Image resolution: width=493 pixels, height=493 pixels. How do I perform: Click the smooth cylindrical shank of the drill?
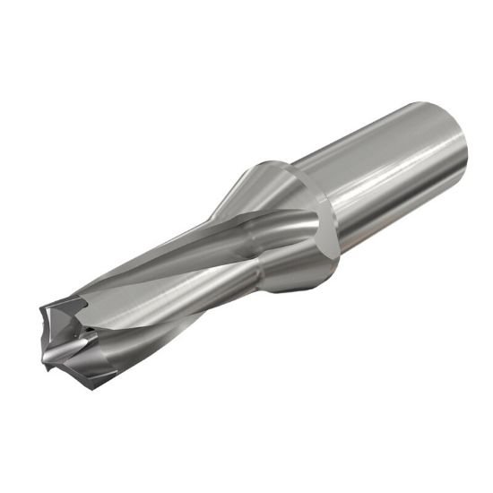[x=385, y=170]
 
